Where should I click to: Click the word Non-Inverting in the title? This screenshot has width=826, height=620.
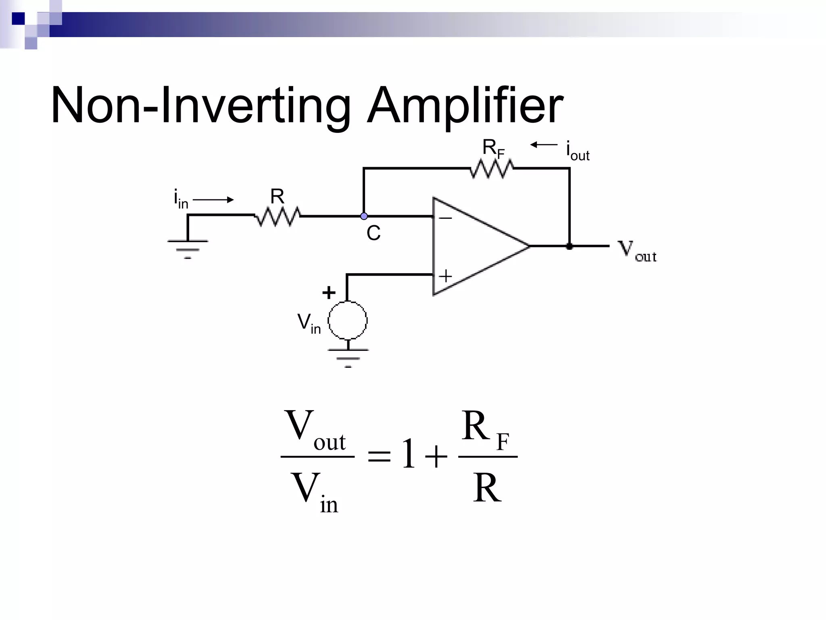200,106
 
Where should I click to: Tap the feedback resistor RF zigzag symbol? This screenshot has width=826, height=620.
491,169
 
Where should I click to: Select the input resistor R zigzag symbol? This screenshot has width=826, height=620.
277,216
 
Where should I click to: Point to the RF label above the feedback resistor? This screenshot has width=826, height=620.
493,149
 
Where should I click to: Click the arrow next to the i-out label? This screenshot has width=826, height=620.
543,145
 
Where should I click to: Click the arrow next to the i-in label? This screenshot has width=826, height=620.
213,199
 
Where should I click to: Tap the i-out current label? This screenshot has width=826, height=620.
578,151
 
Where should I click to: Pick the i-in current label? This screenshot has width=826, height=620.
181,199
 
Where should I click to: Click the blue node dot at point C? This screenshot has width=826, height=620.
364,216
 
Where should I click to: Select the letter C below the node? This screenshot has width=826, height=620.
373,233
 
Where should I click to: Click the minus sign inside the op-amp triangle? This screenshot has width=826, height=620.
445,218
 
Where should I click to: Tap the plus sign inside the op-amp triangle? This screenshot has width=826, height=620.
445,276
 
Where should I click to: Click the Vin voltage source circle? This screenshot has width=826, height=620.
348,320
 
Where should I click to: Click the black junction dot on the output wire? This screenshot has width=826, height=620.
569,246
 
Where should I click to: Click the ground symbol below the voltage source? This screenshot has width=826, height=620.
348,355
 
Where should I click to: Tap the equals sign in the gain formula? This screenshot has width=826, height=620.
379,457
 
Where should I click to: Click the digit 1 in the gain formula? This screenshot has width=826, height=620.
409,454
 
